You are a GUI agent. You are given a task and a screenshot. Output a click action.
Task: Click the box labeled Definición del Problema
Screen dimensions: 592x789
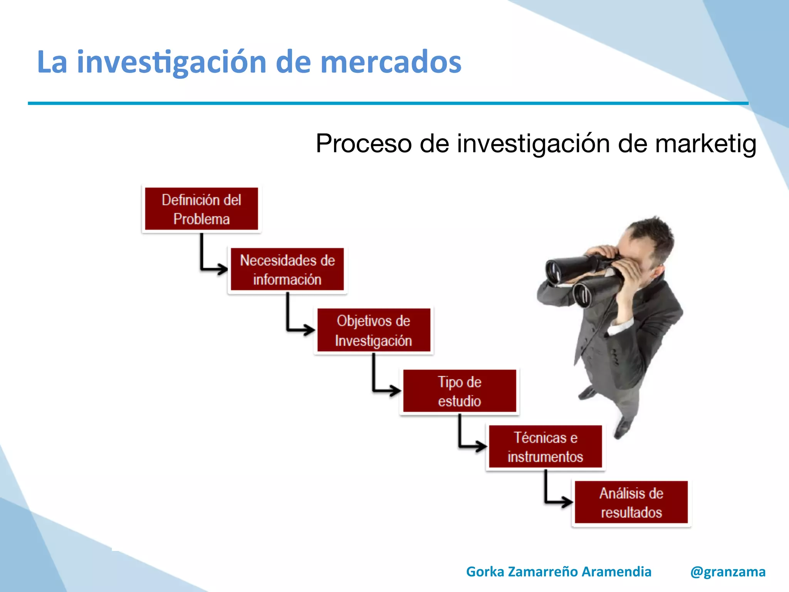(201, 209)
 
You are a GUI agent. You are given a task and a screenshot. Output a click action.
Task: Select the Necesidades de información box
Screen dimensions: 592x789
(287, 269)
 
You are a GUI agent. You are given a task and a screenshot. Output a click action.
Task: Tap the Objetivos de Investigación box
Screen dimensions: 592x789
(374, 330)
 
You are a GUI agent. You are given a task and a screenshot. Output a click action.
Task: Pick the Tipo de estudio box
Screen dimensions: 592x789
(460, 391)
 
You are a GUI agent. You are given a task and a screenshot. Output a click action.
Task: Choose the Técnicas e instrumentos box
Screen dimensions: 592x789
(546, 447)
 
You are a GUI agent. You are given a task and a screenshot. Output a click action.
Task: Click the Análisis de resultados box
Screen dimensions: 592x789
(631, 503)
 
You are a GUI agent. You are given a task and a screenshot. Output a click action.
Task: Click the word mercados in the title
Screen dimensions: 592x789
(391, 62)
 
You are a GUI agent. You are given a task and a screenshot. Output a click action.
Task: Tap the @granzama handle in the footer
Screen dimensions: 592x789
(728, 572)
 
